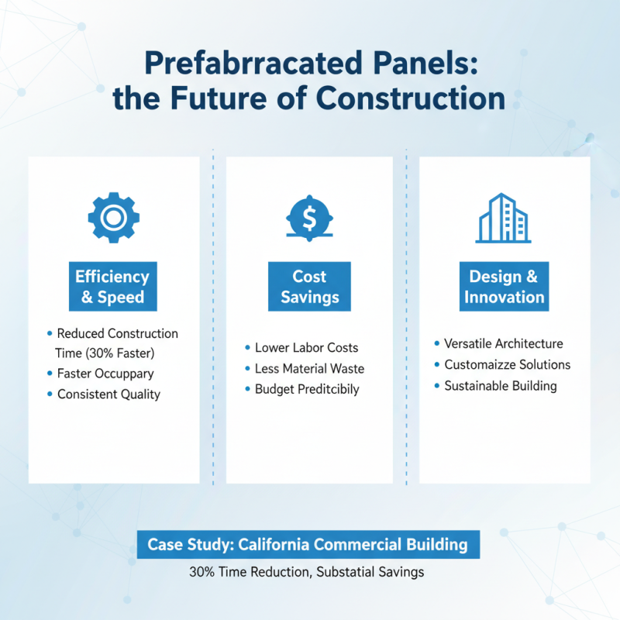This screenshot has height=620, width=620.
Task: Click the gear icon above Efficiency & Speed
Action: click(114, 218)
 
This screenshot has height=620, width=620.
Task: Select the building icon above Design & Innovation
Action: click(505, 218)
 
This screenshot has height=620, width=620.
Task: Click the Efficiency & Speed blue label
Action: click(112, 287)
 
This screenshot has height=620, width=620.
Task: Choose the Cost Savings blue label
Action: click(309, 287)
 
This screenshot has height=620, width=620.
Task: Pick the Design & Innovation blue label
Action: click(505, 287)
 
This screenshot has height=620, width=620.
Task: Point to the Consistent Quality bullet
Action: click(108, 394)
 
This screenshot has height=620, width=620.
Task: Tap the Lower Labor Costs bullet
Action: click(307, 348)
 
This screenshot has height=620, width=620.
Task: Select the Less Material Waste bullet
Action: click(309, 369)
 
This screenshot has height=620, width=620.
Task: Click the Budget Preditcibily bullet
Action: click(307, 389)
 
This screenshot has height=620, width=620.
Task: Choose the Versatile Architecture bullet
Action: click(504, 343)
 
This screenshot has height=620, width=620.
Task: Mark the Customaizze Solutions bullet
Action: click(507, 364)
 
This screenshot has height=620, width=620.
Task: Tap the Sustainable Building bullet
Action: click(501, 385)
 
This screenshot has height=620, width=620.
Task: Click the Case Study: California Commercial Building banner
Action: click(308, 544)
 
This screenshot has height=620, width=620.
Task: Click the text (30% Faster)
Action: click(119, 353)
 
